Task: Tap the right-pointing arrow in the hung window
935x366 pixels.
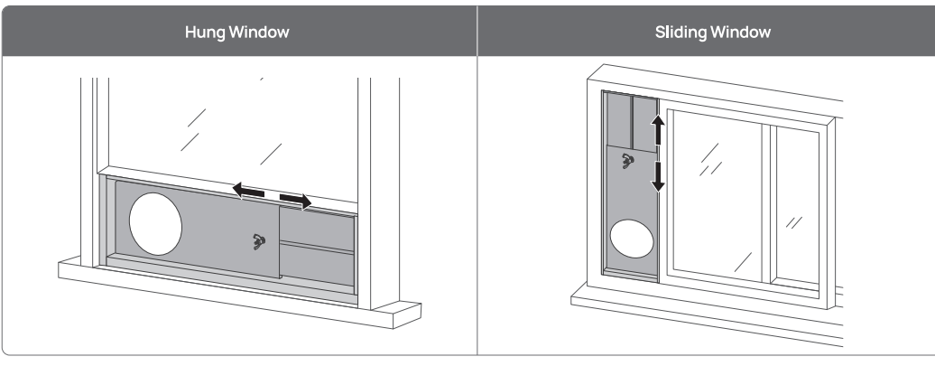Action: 294,198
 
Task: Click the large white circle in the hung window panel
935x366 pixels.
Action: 155,219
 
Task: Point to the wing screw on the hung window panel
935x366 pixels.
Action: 259,241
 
